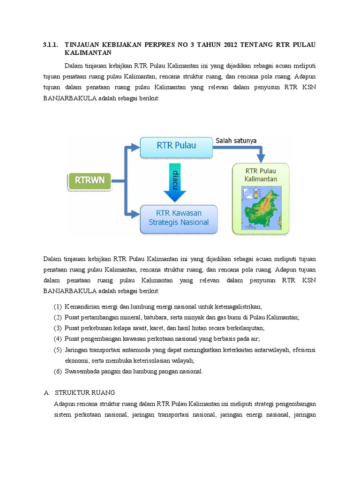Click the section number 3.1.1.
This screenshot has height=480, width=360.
(x=50, y=45)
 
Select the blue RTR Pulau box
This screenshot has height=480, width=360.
(x=177, y=145)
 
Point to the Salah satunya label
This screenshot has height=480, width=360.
(x=236, y=141)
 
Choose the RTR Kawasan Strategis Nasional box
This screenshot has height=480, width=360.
(x=179, y=218)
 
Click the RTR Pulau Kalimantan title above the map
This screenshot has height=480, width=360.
(x=261, y=174)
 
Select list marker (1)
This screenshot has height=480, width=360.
(x=57, y=307)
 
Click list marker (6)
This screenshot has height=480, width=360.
(x=57, y=371)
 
